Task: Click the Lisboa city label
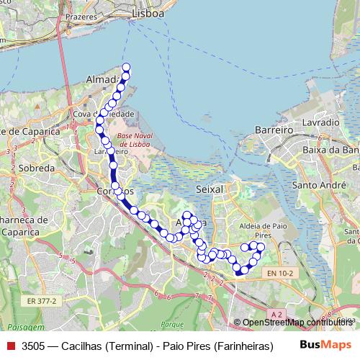(149, 14)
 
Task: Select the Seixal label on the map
(210, 188)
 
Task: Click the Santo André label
(315, 185)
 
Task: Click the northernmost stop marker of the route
(127, 68)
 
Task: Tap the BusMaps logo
(325, 345)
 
